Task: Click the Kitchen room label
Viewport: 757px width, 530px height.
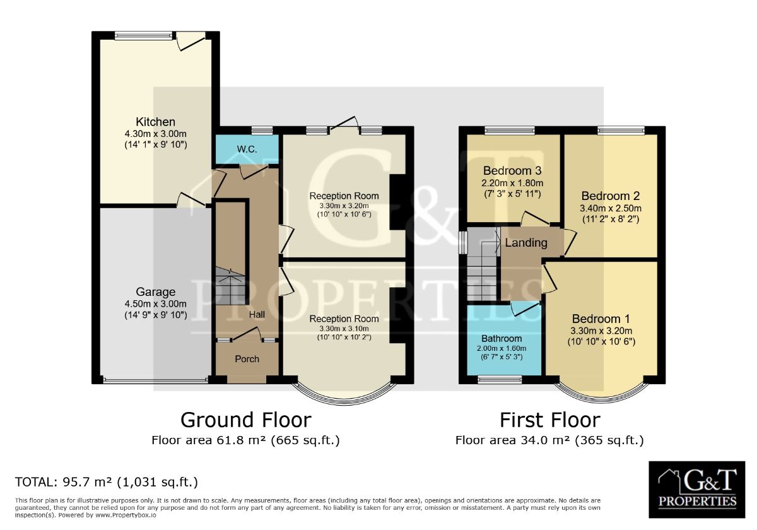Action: click(x=155, y=122)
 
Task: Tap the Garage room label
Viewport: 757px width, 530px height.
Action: click(x=155, y=291)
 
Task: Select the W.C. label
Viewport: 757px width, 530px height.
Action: click(x=247, y=149)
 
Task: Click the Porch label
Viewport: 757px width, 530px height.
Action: click(x=247, y=359)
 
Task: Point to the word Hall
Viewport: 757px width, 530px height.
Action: click(x=257, y=315)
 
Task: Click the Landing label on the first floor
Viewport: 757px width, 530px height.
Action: click(x=526, y=243)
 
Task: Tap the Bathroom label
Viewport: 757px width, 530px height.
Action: click(x=502, y=338)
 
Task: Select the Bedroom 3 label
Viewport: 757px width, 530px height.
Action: click(x=512, y=171)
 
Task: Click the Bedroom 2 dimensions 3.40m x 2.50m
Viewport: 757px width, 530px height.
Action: click(x=611, y=208)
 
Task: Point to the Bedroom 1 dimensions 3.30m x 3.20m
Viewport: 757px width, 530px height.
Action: click(x=602, y=331)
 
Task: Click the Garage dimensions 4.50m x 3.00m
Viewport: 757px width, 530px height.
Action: click(x=155, y=304)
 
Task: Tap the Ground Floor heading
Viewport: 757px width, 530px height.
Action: click(x=245, y=420)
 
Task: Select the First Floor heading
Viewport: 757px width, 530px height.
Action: click(x=550, y=420)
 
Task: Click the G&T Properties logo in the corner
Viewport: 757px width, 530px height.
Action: click(x=697, y=490)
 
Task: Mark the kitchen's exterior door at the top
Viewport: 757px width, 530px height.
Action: click(x=191, y=41)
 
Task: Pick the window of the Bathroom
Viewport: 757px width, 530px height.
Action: click(x=500, y=380)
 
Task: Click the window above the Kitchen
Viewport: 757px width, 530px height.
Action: click(x=143, y=35)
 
